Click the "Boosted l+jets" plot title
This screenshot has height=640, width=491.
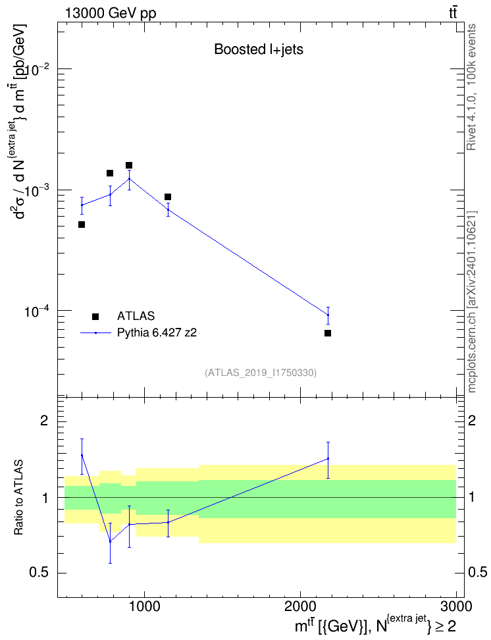click(259, 49)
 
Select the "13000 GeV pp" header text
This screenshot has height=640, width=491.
click(110, 13)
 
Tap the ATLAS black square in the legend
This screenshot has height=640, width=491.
click(95, 316)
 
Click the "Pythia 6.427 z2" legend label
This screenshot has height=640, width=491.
click(157, 333)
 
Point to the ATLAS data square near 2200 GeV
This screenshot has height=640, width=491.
click(328, 333)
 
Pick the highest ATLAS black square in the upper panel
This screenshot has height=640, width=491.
click(129, 165)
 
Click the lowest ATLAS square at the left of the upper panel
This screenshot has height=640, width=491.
click(82, 225)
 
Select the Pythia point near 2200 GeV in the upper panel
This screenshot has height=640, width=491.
click(328, 315)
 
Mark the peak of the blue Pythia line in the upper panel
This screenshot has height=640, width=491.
click(129, 178)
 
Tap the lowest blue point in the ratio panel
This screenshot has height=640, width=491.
click(110, 541)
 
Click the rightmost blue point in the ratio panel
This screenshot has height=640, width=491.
click(328, 459)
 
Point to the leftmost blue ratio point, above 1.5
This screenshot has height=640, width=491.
click(82, 455)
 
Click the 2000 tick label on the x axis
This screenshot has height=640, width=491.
click(300, 606)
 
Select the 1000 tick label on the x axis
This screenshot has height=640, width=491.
click(144, 606)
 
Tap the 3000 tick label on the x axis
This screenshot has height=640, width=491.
click(456, 606)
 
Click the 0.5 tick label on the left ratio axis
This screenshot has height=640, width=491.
click(39, 573)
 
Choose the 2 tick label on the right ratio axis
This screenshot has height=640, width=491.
click(472, 420)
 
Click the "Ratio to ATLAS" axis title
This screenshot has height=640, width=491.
click(19, 498)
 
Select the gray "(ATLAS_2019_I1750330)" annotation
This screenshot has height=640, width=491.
click(261, 373)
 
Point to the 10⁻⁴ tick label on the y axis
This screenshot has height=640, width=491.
click(37, 311)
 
